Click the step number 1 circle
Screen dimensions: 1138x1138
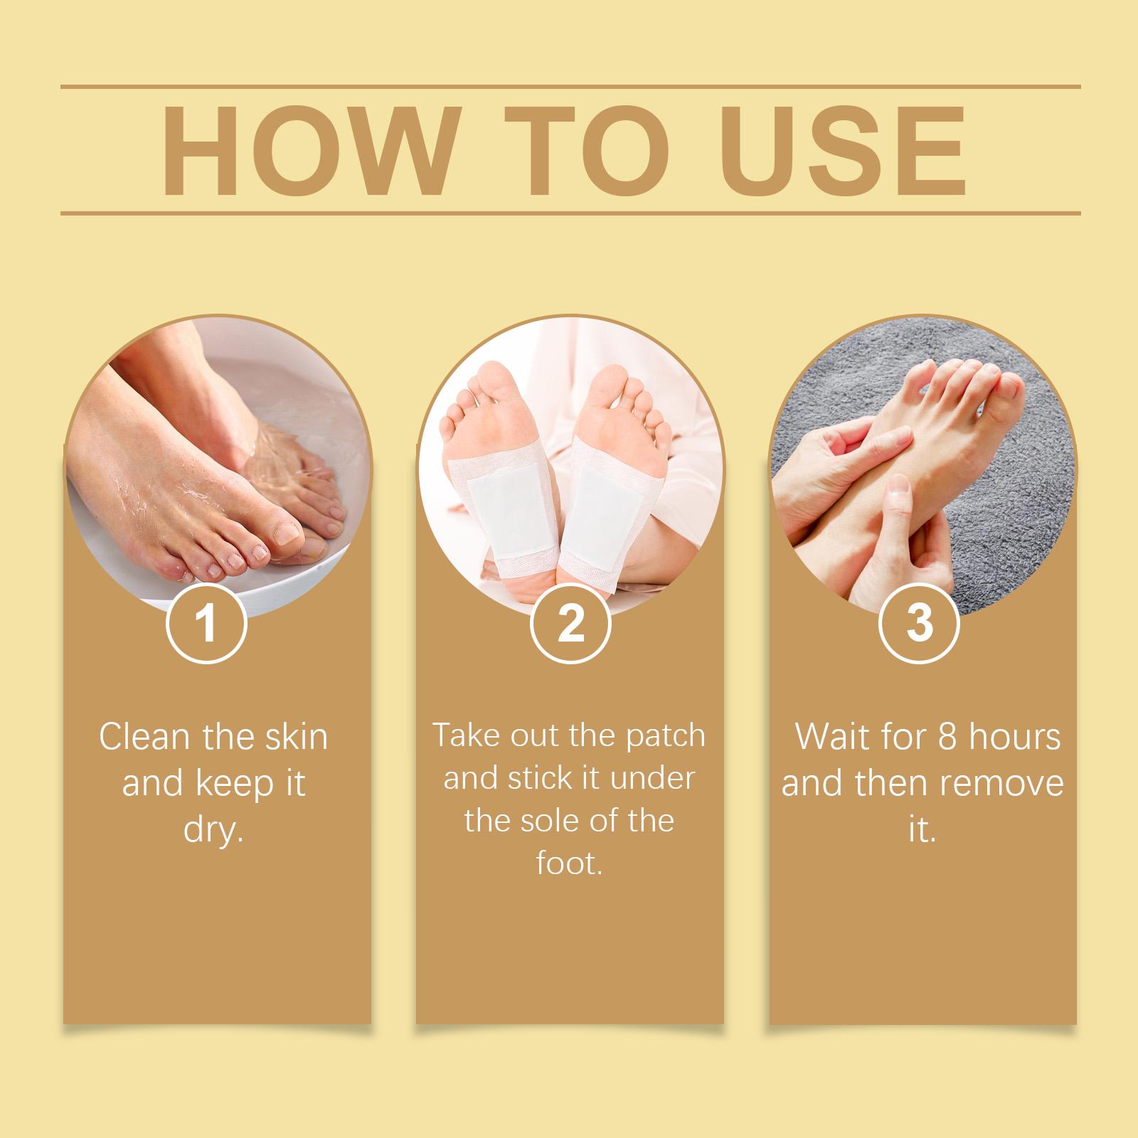tap(206, 623)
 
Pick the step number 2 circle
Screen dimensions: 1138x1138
tap(570, 623)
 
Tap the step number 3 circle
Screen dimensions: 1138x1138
tap(920, 623)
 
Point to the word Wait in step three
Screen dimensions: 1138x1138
tap(826, 737)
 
